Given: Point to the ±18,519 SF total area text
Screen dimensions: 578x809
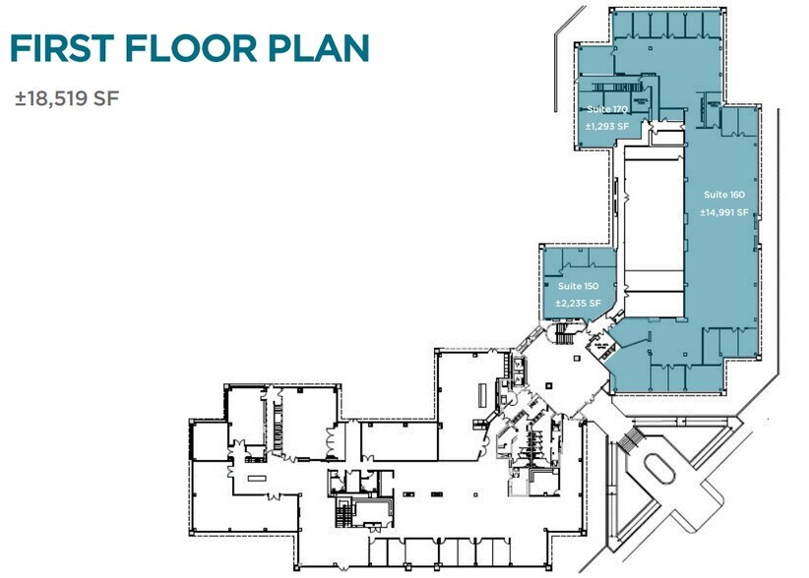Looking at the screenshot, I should [x=67, y=99].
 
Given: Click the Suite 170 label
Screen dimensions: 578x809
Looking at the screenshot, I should [x=606, y=108].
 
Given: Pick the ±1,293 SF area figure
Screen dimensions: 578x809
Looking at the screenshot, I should [x=607, y=126].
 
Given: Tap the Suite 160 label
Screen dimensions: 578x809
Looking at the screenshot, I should [x=724, y=194].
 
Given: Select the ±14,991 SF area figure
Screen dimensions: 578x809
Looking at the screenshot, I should [x=724, y=211].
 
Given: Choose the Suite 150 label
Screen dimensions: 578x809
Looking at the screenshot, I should [x=578, y=285].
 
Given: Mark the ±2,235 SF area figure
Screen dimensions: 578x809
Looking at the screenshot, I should [x=578, y=303].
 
